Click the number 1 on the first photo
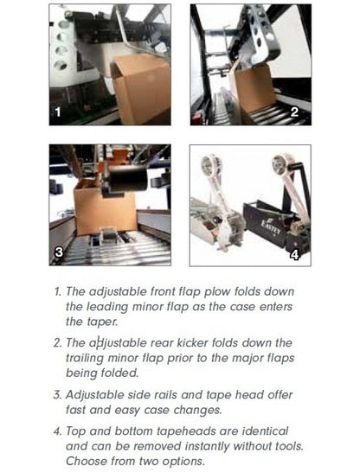[x=57, y=112]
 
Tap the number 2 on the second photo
[x=294, y=112]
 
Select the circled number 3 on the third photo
[x=59, y=252]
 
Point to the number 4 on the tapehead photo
[x=294, y=255]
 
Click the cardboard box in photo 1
[x=141, y=89]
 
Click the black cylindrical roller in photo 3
[x=128, y=177]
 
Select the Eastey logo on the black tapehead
[x=270, y=228]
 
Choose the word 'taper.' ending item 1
[x=92, y=322]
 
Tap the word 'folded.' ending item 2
[x=119, y=373]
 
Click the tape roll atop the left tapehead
[x=211, y=164]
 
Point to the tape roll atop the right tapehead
[x=280, y=164]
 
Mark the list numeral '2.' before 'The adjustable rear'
[x=57, y=343]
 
